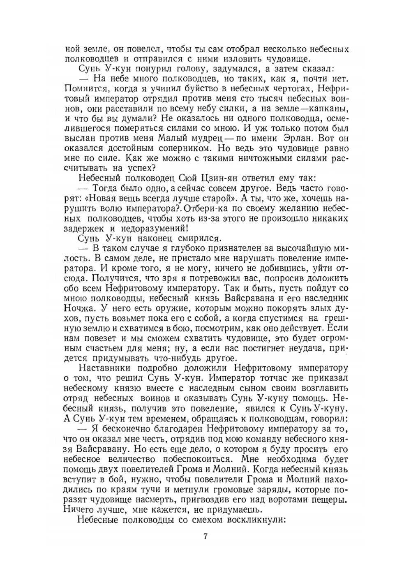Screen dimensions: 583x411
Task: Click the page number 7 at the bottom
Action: point(205,537)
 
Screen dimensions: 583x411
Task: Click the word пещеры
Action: point(330,499)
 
